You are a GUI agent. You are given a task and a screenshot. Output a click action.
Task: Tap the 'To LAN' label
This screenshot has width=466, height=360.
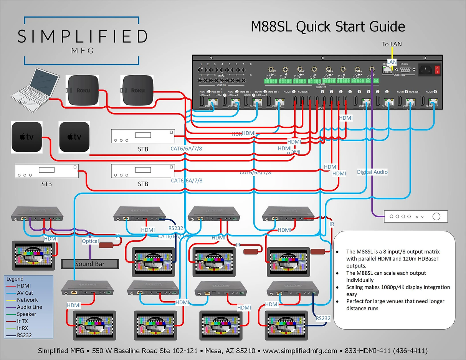392,44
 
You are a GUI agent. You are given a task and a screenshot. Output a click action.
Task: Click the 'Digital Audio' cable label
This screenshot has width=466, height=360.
372,172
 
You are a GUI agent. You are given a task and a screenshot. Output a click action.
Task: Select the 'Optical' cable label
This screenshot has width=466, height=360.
90,241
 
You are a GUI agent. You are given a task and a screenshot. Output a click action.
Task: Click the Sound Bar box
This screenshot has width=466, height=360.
90,264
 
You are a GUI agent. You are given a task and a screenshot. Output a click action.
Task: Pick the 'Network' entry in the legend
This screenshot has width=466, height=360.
27,300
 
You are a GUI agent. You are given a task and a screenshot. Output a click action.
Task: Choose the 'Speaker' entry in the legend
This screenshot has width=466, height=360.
26,314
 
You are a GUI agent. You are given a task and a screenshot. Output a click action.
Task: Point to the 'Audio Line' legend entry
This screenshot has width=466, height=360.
29,307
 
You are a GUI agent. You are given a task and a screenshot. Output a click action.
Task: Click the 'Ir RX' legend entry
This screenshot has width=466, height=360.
25,328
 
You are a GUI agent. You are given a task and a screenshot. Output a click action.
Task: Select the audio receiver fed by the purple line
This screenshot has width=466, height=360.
416,216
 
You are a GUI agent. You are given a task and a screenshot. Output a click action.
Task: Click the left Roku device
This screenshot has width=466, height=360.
83,91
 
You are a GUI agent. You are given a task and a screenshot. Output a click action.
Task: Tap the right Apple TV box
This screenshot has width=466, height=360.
74,137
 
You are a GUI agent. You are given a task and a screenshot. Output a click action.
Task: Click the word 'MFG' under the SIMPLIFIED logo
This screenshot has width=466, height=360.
83,51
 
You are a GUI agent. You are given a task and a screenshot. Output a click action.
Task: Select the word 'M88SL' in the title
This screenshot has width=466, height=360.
272,27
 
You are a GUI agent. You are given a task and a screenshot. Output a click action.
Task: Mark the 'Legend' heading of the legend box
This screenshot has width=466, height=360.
15,279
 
